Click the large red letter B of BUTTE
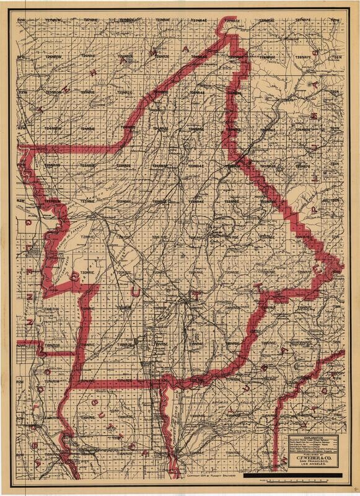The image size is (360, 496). tap(76, 276)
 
